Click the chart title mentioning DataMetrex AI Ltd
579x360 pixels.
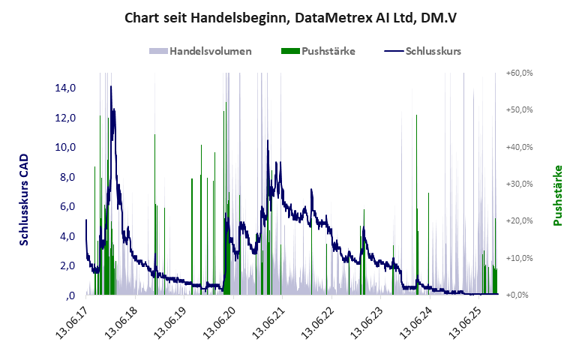(289, 17)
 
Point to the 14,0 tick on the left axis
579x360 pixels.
(65, 88)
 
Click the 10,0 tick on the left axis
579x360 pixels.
(65, 147)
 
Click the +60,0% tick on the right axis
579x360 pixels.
(519, 73)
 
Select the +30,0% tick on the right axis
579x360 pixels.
(519, 184)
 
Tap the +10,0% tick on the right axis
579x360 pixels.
(519, 258)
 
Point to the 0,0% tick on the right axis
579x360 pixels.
(520, 295)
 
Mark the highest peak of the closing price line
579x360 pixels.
(111, 86)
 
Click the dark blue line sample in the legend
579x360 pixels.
(393, 51)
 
